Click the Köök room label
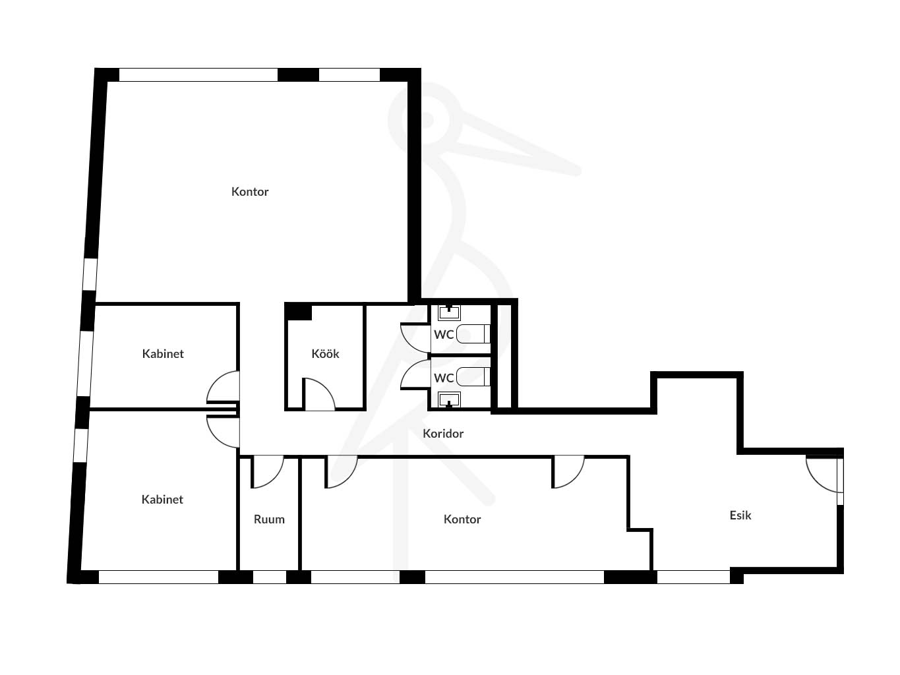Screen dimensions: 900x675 [x=325, y=354]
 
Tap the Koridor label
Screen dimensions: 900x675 [x=443, y=434]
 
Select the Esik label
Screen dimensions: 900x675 [x=740, y=515]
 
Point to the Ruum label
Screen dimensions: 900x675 [x=269, y=519]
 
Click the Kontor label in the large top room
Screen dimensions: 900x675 [x=250, y=191]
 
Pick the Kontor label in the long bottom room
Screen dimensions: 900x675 [x=462, y=519]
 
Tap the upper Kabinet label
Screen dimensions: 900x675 [x=163, y=354]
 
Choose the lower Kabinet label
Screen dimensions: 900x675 [x=162, y=499]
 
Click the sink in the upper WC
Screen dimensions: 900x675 [x=449, y=312]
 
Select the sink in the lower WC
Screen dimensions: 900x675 [x=449, y=399]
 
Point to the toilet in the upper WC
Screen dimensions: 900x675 [x=473, y=334]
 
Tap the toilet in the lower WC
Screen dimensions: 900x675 [x=473, y=376]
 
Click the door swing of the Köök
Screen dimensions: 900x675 [x=319, y=394]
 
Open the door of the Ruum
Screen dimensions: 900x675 [x=267, y=472]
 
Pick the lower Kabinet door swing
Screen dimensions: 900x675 [x=223, y=432]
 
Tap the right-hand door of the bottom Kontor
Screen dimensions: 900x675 [x=568, y=472]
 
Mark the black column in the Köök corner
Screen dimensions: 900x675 [x=299, y=312]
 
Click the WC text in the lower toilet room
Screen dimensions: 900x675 [x=444, y=378]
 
